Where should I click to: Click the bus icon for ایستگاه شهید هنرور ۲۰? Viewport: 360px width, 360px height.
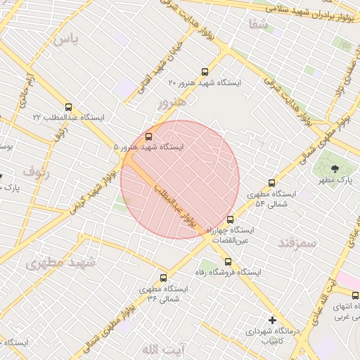coord(205,72)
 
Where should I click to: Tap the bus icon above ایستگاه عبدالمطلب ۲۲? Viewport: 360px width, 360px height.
coord(68,107)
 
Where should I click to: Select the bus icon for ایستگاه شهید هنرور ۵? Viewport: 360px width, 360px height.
coord(148,136)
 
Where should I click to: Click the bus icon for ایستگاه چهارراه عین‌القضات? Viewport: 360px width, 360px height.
coord(230,219)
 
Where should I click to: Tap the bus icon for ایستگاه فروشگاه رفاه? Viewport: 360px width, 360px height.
coord(226,262)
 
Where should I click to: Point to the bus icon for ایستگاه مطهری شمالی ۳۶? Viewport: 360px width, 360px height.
coord(164,278)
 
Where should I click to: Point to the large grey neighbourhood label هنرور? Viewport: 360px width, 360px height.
coord(173,103)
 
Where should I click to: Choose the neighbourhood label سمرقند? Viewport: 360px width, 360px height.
coord(298,242)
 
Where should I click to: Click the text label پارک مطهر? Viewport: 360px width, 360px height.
coord(335,181)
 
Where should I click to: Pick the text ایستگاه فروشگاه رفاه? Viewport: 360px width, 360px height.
coord(251,272)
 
